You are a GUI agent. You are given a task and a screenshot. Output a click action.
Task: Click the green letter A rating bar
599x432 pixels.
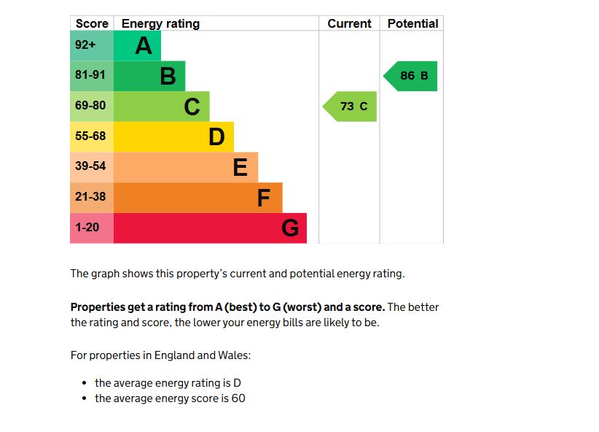138,46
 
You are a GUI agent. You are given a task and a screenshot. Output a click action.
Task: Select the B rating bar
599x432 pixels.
149,76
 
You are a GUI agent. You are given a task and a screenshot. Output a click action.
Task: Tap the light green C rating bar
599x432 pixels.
162,107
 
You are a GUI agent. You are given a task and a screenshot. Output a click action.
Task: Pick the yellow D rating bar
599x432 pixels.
173,136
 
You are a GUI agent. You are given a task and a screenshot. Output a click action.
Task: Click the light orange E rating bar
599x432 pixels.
186,167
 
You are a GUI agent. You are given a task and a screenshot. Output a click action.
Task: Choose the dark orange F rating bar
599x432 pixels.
197,198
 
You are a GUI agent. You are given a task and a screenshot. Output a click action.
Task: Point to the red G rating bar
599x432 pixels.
210,228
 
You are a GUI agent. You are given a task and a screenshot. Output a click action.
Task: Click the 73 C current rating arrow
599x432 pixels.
351,107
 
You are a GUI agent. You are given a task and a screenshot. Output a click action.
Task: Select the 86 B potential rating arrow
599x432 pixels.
411,76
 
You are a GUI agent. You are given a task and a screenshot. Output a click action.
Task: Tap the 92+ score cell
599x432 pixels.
85,45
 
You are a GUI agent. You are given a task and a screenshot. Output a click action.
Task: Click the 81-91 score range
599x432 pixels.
90,75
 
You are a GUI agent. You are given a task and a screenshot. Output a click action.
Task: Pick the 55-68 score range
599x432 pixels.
90,136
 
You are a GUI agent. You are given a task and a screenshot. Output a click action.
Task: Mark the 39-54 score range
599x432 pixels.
90,166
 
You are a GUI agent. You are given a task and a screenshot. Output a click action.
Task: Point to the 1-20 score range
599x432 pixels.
87,228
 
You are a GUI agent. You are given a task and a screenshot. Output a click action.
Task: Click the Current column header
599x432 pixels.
349,23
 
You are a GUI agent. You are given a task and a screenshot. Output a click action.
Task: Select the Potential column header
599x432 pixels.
412,23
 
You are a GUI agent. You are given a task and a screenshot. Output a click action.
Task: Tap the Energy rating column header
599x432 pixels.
160,23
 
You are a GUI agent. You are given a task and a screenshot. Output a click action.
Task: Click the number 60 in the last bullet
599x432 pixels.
238,398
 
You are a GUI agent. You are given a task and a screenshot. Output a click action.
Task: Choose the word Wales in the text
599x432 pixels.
234,355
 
